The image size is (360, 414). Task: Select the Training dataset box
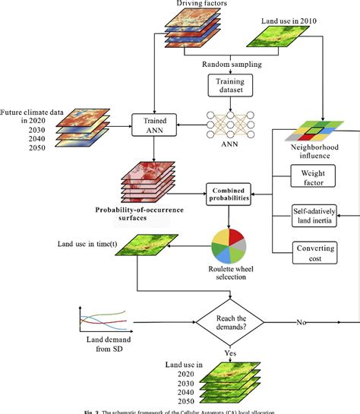pos(227,84)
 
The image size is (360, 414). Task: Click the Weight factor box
pos(311,178)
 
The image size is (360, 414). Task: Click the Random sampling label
pos(227,64)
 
